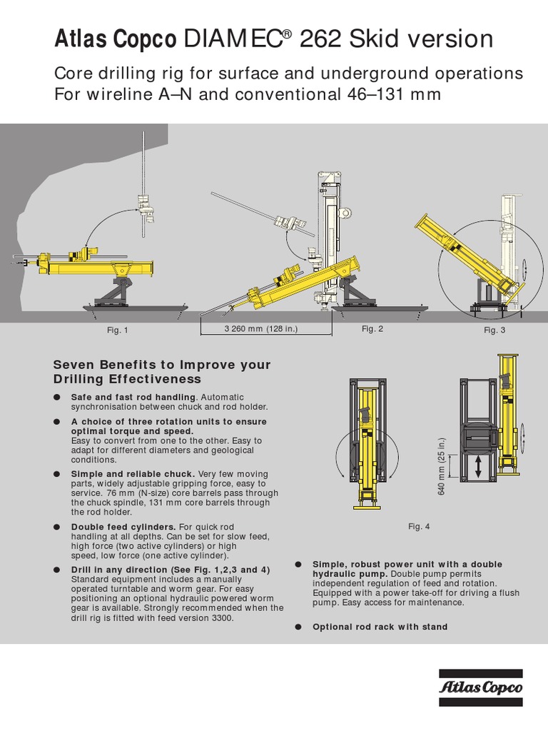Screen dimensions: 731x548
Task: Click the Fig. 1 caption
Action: (117, 330)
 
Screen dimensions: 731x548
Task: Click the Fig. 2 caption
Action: (372, 328)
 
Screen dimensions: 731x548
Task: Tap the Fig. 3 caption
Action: (494, 330)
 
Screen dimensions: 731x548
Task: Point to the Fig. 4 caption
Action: (419, 527)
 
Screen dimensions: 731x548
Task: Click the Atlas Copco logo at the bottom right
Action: (480, 687)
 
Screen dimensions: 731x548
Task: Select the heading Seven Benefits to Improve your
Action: (162, 365)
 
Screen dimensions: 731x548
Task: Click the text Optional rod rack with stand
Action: (380, 627)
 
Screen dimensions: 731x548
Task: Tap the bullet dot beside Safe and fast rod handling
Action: (57, 397)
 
